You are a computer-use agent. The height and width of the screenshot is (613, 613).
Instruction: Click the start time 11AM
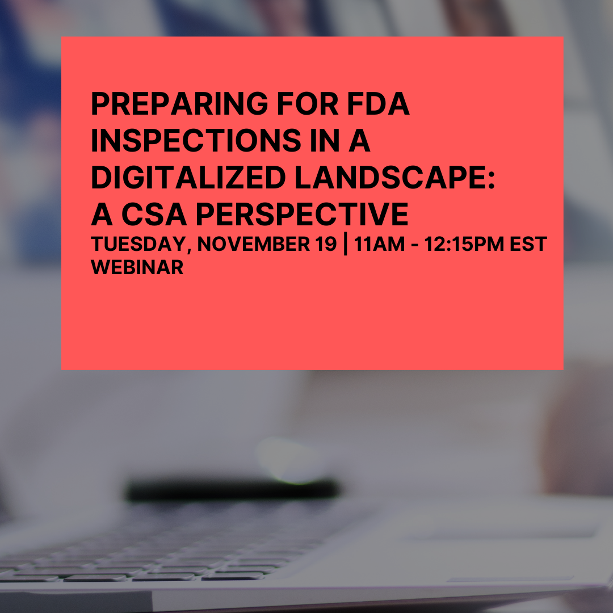tap(380, 245)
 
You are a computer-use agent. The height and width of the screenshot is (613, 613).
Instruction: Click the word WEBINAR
tap(137, 267)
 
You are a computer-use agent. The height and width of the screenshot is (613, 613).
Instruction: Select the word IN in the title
tap(331, 141)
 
